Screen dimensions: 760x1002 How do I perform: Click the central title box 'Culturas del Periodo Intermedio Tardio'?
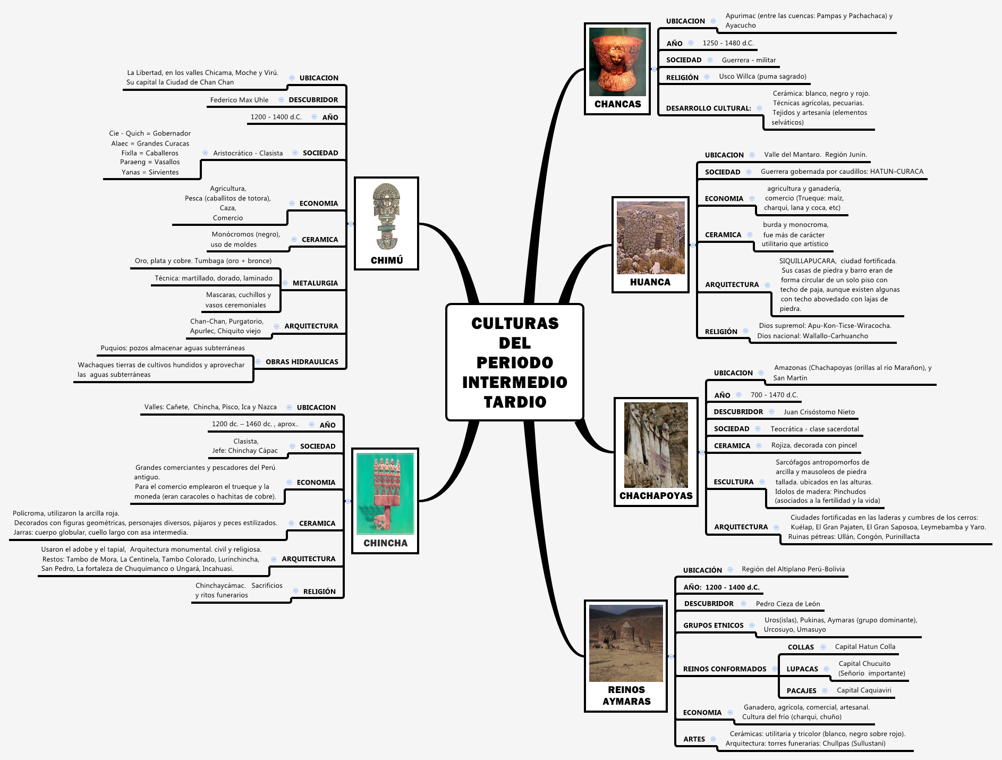pos(514,362)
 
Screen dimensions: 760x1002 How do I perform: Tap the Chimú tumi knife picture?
pos(386,217)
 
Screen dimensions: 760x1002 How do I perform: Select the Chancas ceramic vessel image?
pos(617,62)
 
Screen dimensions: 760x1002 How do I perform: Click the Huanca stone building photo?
pos(650,238)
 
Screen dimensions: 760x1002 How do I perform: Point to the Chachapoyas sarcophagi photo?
pos(656,445)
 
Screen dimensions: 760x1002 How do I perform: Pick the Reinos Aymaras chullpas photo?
pos(626,643)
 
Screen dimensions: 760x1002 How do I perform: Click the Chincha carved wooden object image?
pos(385,494)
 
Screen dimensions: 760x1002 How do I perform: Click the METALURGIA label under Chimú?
pos(315,283)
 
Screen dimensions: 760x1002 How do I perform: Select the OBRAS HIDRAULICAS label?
pos(302,362)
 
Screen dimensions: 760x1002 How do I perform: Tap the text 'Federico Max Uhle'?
pos(239,100)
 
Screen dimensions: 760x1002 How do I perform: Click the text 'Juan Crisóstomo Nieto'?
pos(819,412)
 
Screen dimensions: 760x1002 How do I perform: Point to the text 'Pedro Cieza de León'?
pos(788,604)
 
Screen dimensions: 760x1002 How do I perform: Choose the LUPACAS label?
pos(802,669)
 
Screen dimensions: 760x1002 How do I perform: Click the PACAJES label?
pos(801,691)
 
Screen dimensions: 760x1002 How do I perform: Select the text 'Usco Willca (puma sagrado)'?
pos(762,77)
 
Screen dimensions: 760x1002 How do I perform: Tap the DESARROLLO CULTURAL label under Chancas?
pos(708,108)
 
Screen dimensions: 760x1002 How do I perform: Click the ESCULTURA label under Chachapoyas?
pos(733,482)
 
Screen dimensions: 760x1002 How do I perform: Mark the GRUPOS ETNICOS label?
pos(713,626)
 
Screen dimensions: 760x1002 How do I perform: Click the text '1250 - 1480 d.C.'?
pos(728,43)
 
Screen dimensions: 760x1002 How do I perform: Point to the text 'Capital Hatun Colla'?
pos(865,647)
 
